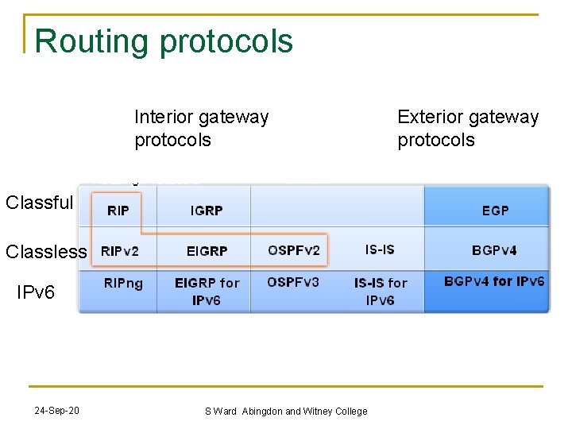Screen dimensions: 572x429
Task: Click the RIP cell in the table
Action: pyautogui.click(x=118, y=211)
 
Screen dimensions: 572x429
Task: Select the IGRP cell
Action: pyautogui.click(x=207, y=211)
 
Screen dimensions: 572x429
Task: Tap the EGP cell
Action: pyautogui.click(x=495, y=211)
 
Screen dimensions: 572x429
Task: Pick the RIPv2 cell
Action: pyautogui.click(x=119, y=251)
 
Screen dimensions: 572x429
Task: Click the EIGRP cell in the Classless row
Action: pyautogui.click(x=207, y=251)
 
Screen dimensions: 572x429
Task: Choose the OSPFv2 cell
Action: pyautogui.click(x=294, y=250)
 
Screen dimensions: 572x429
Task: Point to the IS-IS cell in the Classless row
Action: pyautogui.click(x=380, y=249)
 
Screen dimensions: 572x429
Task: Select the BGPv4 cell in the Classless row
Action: pyautogui.click(x=494, y=250)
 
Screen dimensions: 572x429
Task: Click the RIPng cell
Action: pyautogui.click(x=123, y=284)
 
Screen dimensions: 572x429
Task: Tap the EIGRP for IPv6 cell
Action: pyautogui.click(x=207, y=291)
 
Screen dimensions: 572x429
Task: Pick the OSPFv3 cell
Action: pyautogui.click(x=293, y=282)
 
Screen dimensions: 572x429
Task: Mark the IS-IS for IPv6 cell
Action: pyautogui.click(x=380, y=291)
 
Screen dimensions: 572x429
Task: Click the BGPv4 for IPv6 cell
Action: pyautogui.click(x=494, y=281)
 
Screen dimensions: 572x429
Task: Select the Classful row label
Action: pyautogui.click(x=39, y=203)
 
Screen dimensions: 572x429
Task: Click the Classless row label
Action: pyautogui.click(x=46, y=252)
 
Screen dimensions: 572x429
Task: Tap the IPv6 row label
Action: pyautogui.click(x=36, y=292)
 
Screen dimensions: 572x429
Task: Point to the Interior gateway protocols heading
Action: pyautogui.click(x=201, y=129)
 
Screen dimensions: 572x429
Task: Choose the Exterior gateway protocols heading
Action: pyautogui.click(x=468, y=129)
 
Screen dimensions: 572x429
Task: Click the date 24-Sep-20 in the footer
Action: pyautogui.click(x=56, y=411)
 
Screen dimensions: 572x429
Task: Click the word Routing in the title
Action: pyautogui.click(x=92, y=41)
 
